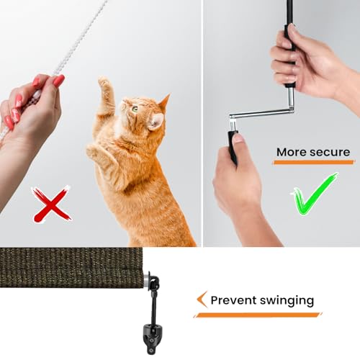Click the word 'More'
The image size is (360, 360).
point(291,152)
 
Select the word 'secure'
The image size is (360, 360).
point(330,153)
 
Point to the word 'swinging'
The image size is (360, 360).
point(287,301)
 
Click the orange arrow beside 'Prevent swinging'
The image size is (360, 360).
point(202,300)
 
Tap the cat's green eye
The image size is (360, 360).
point(135,109)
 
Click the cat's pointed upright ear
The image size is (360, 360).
point(166,102)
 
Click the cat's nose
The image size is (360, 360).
point(122,103)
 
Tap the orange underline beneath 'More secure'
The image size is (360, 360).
point(314,163)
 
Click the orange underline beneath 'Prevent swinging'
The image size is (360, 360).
point(258,315)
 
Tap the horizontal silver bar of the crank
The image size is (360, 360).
point(261,113)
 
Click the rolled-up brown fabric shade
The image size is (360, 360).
point(71,268)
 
